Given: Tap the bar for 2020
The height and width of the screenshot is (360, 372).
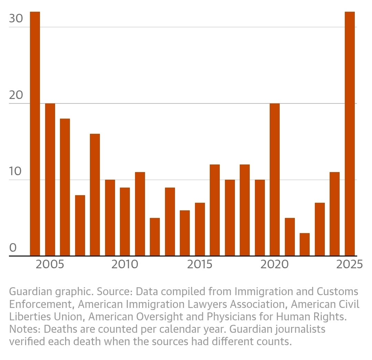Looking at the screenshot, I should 275,180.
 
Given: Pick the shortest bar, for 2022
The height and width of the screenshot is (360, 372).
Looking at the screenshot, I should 304,244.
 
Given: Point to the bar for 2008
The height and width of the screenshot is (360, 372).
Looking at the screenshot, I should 95,195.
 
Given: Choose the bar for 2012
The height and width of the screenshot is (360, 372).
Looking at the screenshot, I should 155,237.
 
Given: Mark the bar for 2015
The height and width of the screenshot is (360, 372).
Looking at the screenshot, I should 200,229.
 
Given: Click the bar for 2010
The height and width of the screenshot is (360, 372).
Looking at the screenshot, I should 125,222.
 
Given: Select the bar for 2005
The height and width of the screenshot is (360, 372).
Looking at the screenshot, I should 50,180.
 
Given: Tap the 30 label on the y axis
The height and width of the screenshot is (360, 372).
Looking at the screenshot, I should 16,18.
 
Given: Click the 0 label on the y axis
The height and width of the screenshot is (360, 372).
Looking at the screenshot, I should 13,248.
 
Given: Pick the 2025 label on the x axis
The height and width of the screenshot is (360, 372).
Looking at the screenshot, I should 350,264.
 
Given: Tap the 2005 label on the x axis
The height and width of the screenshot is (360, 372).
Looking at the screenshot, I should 50,264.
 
